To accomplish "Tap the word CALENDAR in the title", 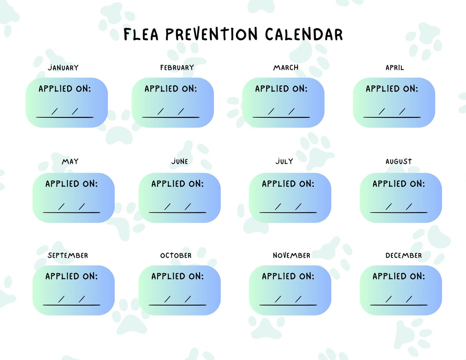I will point(304,35).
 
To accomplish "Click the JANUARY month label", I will point(63,68).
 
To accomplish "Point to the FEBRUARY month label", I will point(177,68).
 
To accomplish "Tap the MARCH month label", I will point(286,68).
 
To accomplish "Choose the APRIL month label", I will point(395,68).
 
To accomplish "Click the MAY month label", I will point(70,162).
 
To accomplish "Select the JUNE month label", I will point(179,161).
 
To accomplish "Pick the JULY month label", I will point(284,161).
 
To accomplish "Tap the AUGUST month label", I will point(399,161).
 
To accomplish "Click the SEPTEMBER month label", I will point(68,256).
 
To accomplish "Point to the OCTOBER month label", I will point(176,256).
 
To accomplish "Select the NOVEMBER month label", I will point(291,256).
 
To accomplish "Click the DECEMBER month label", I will point(404,256).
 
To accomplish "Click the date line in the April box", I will point(392,117).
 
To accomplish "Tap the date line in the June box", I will point(177,212).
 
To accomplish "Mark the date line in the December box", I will point(399,305).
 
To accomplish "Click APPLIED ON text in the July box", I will point(288,184).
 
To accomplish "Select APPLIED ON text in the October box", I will point(177,276).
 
